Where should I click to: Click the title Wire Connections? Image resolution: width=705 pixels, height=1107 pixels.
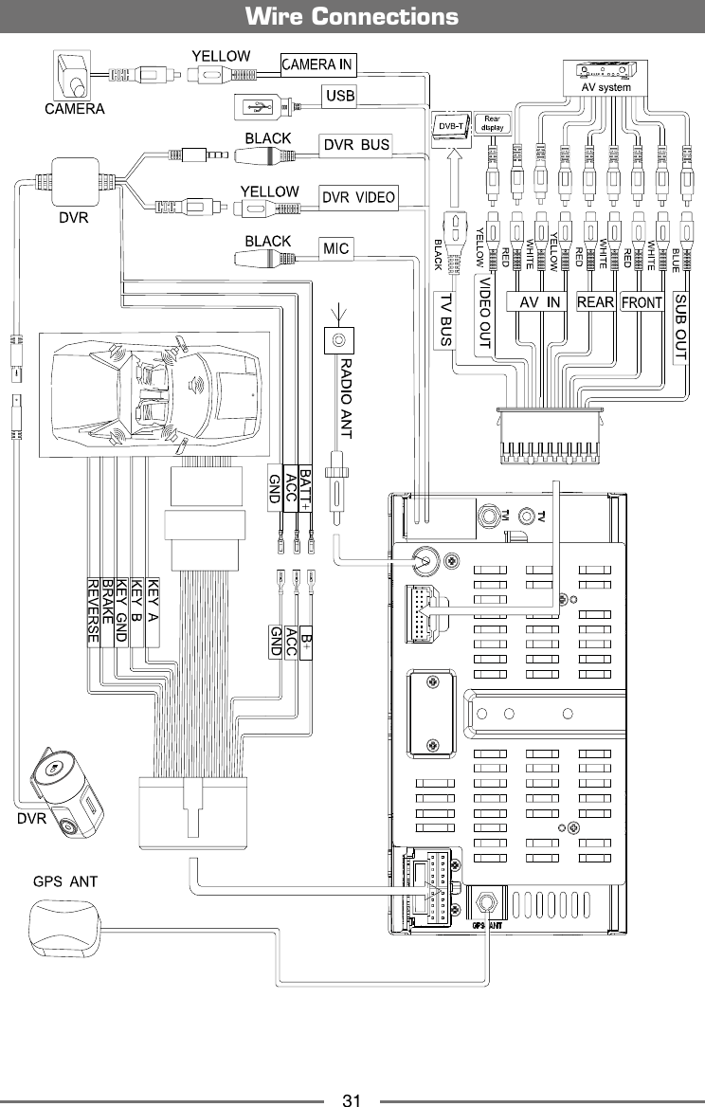(352, 17)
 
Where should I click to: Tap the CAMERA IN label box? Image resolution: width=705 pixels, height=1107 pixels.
(317, 64)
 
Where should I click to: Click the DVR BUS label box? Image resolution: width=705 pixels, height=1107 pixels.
(356, 145)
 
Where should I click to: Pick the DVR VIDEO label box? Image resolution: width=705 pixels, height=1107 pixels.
(359, 197)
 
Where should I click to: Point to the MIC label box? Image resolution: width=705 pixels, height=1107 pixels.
(336, 249)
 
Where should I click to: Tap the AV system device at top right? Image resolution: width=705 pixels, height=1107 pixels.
(606, 74)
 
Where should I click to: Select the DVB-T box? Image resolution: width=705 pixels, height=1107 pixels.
(448, 124)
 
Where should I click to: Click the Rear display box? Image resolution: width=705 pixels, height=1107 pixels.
(492, 122)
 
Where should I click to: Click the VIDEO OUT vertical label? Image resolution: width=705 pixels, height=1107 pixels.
(483, 314)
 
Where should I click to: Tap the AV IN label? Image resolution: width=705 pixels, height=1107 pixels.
(541, 302)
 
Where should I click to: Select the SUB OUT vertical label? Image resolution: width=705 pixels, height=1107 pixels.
(681, 321)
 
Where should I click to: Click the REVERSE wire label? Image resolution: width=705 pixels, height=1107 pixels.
(93, 611)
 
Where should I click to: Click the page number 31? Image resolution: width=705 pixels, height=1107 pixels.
(352, 1100)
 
